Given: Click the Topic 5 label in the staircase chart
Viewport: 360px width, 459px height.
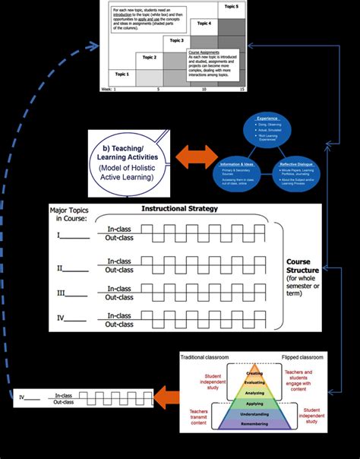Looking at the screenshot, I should [x=231, y=7].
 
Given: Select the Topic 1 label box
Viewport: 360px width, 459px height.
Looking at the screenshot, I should [x=122, y=74].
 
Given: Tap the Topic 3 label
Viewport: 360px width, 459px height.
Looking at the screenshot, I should [x=176, y=40].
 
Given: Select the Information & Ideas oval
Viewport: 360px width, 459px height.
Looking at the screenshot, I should [x=238, y=167].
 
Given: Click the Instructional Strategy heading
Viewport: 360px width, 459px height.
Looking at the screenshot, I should [x=179, y=209].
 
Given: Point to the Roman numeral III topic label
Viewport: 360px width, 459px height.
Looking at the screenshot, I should [x=61, y=292].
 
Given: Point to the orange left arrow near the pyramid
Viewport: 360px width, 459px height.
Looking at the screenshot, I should [x=168, y=395].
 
